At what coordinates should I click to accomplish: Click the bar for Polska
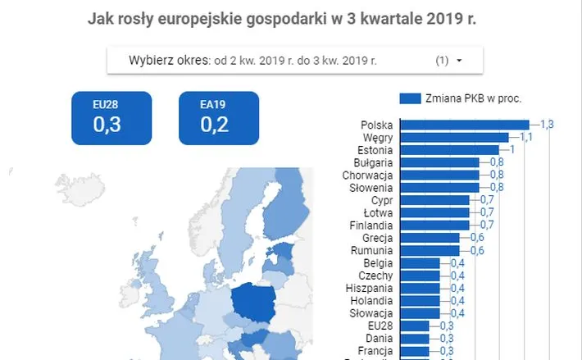[468, 125]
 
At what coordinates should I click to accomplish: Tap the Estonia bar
[453, 150]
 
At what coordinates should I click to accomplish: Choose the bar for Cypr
[439, 200]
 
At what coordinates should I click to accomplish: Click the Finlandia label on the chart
[369, 225]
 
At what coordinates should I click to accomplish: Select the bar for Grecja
[434, 238]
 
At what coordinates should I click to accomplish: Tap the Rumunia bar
[434, 250]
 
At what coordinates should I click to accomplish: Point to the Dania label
[379, 338]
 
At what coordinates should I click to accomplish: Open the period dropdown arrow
[459, 61]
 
